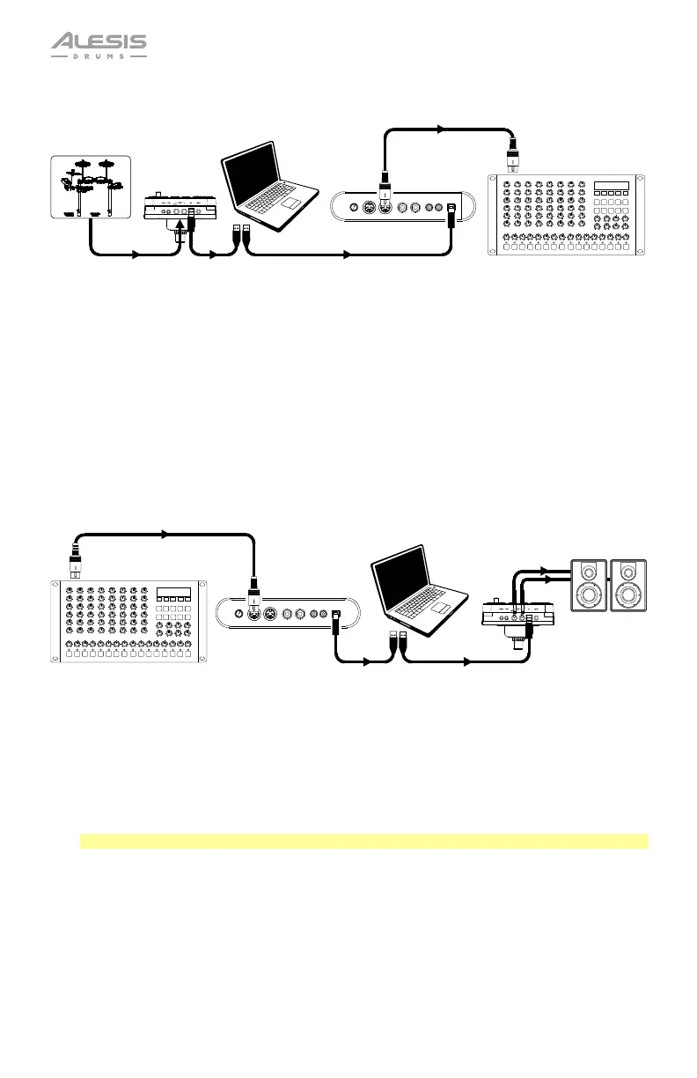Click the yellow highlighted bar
(363, 841)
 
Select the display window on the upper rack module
(611, 187)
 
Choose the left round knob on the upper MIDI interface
(353, 208)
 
